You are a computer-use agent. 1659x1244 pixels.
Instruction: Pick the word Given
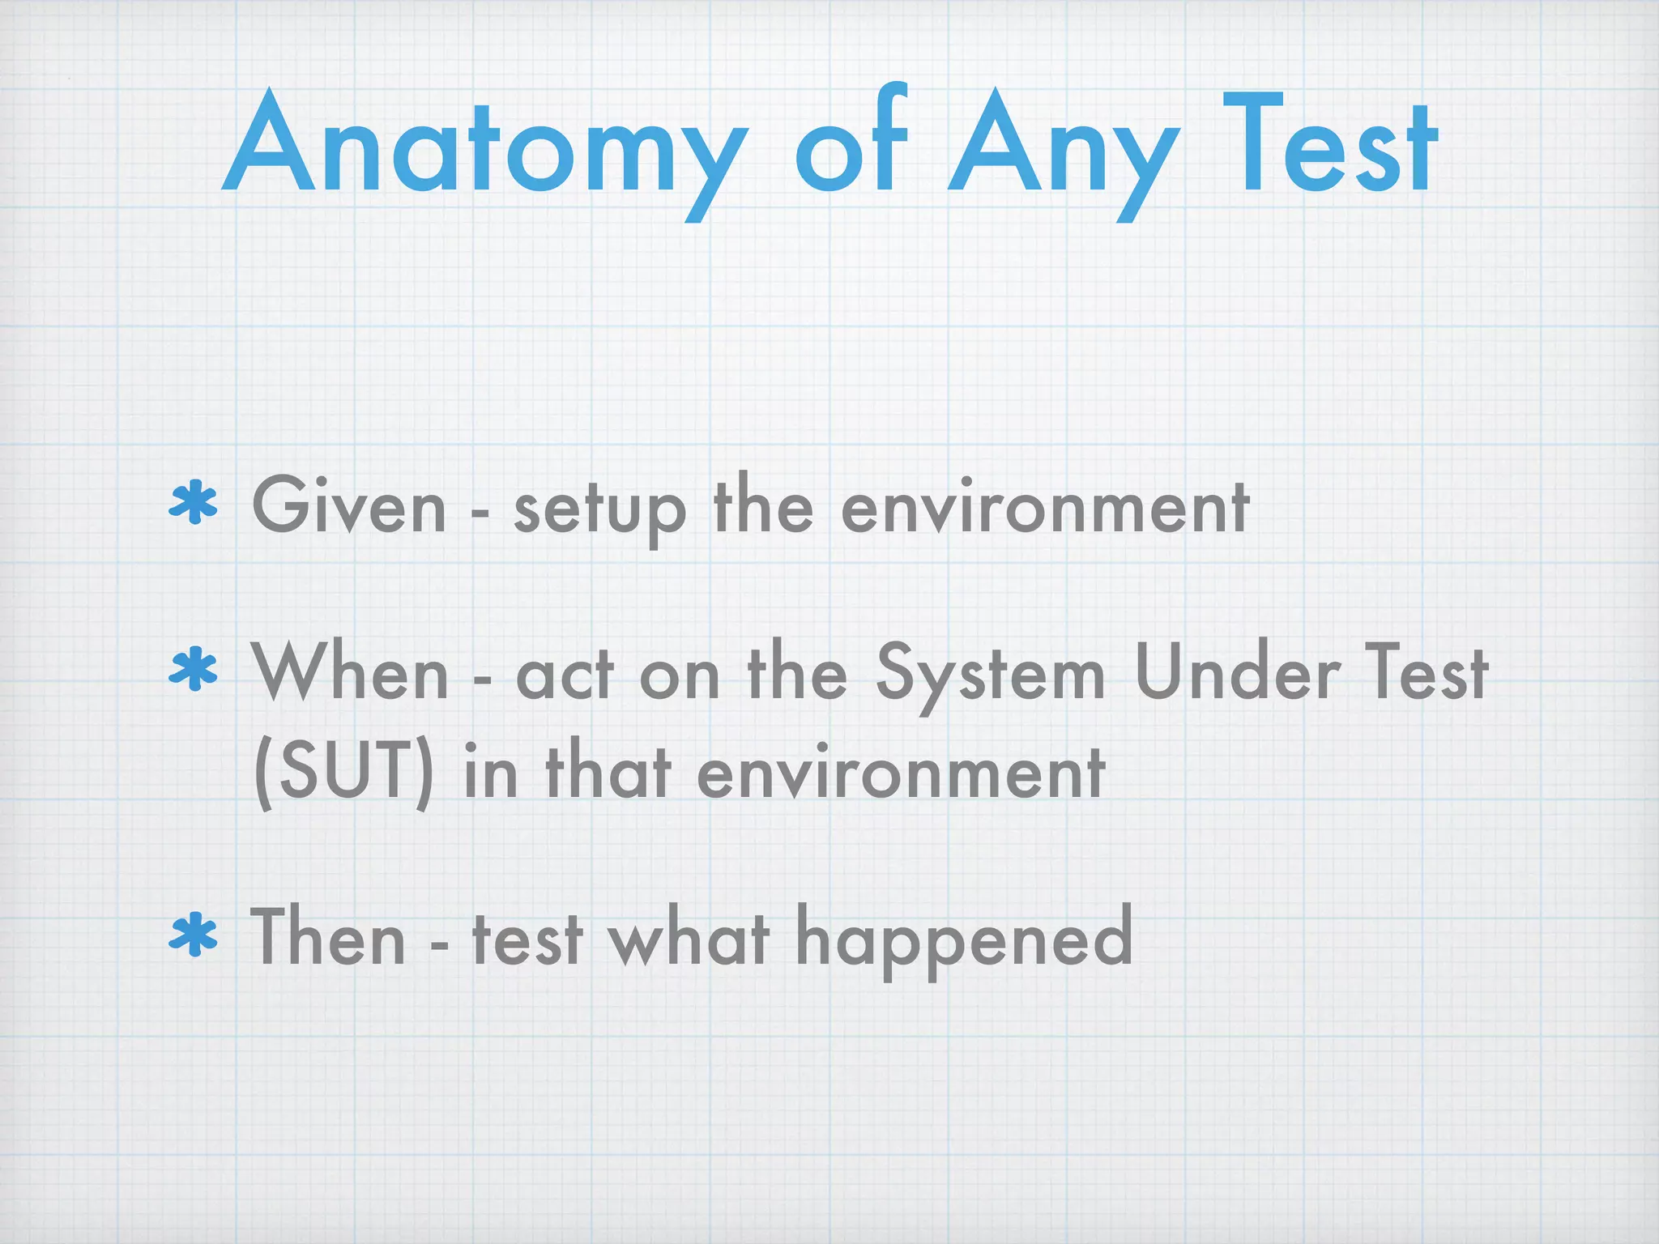tap(349, 506)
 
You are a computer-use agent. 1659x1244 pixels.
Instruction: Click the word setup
tap(599, 510)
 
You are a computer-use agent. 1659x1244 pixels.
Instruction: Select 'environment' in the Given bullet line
tap(1045, 508)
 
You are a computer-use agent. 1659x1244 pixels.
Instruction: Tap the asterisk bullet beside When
tap(193, 671)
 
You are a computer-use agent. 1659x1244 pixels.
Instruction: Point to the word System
tap(990, 676)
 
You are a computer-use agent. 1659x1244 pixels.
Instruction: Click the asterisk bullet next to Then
tap(193, 937)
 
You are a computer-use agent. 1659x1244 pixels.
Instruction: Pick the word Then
tap(328, 937)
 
